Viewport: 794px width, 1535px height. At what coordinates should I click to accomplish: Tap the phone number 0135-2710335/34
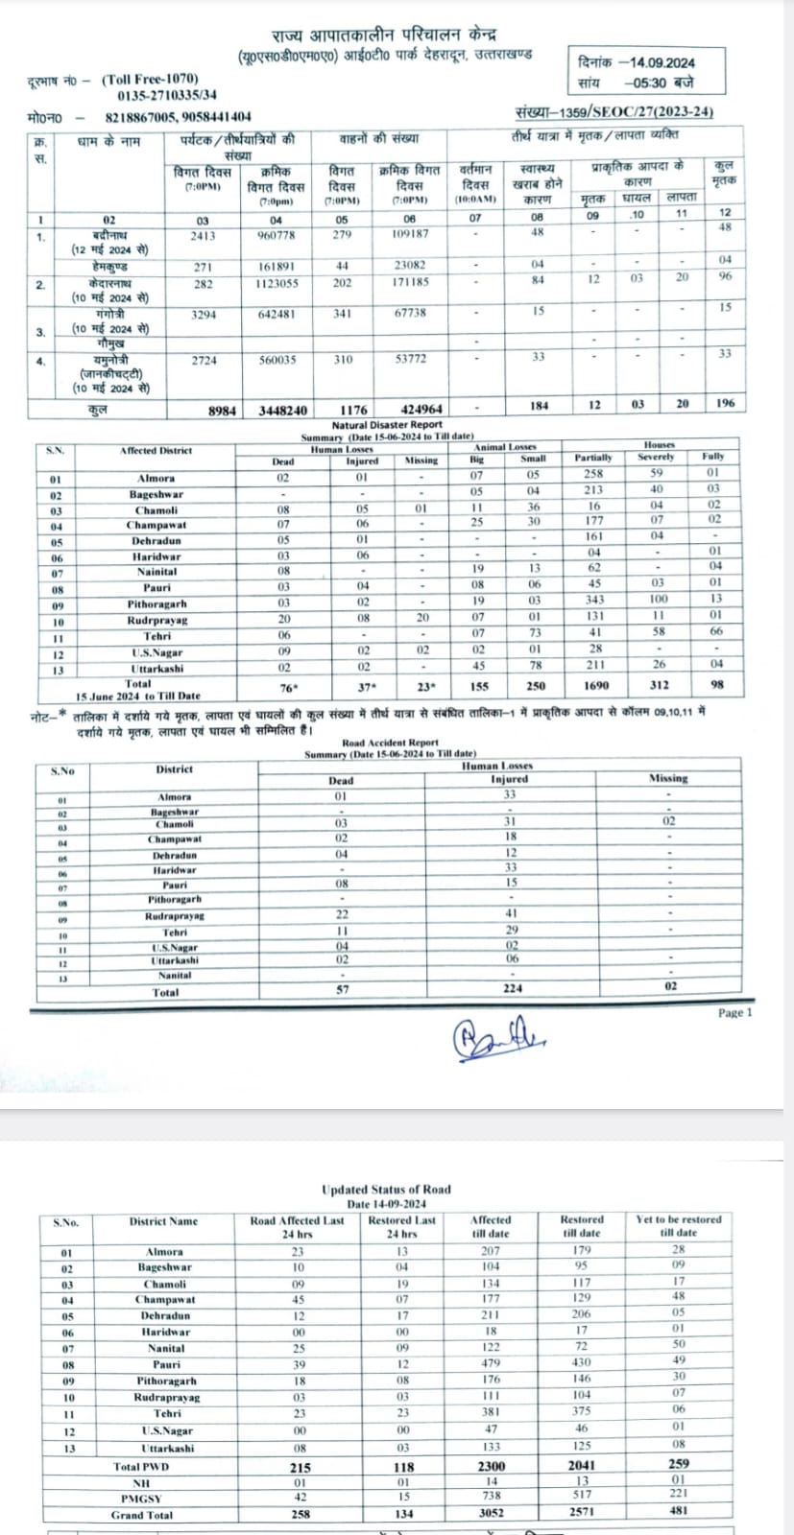point(167,95)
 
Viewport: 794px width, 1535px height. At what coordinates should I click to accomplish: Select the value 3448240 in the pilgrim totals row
point(283,410)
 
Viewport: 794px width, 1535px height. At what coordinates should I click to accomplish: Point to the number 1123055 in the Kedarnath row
point(277,283)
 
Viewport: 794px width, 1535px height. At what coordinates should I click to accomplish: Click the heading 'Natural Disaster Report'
point(387,424)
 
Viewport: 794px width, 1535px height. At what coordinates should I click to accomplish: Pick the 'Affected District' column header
point(156,450)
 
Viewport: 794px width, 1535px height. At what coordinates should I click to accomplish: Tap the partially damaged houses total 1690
point(593,685)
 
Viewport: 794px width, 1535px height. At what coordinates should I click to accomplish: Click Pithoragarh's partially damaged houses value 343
point(594,600)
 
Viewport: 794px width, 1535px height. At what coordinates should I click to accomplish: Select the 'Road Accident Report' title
point(390,743)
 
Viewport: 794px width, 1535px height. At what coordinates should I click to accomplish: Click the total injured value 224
point(512,988)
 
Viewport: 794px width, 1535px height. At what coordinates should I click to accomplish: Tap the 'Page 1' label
point(735,1012)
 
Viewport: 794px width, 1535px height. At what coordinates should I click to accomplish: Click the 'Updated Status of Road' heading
point(386,1190)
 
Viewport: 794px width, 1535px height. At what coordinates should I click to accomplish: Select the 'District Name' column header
point(163,1221)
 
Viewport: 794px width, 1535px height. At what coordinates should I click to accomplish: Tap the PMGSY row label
point(140,1498)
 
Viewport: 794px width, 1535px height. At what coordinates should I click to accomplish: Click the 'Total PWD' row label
point(140,1466)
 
